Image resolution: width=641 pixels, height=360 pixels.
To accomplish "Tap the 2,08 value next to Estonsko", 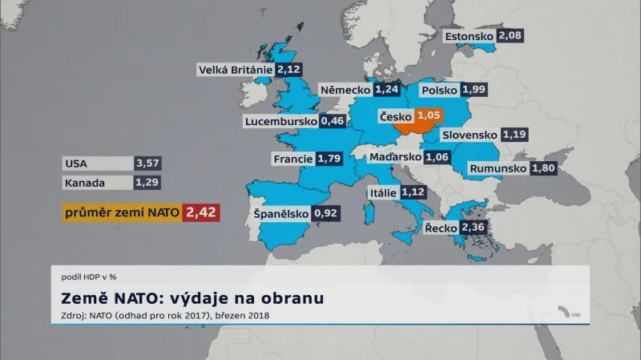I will point(510,36).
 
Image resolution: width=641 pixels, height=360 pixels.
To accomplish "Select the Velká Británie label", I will point(236,70).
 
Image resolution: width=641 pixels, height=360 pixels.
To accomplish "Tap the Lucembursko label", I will point(280,122).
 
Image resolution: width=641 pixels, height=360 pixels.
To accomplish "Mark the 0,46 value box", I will point(333,122).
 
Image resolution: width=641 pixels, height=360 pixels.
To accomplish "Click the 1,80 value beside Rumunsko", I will point(543,168).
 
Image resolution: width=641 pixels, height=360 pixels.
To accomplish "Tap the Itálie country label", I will point(382,192).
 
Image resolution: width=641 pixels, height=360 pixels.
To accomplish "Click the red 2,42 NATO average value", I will point(201,212).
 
